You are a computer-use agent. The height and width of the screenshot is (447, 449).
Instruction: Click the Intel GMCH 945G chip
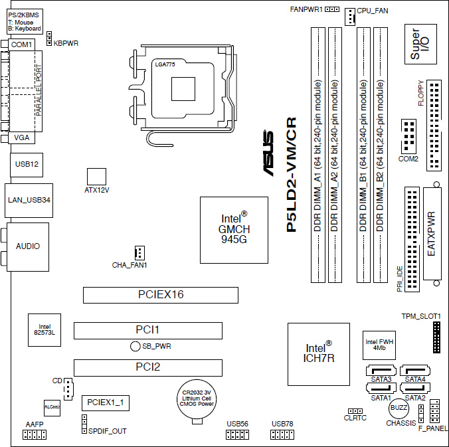tap(234, 230)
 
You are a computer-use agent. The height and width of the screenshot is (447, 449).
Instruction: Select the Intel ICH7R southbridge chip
tap(319, 354)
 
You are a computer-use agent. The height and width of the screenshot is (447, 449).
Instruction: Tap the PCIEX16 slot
tap(161, 295)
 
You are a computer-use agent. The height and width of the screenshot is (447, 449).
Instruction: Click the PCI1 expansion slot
tap(148, 331)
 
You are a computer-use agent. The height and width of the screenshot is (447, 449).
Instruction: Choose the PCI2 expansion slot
tap(148, 368)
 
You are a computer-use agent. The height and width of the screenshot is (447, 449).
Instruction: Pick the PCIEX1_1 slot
tap(106, 403)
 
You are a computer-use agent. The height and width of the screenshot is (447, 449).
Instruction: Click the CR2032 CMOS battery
tap(197, 399)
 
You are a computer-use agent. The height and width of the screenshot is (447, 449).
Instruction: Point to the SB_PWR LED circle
tap(135, 346)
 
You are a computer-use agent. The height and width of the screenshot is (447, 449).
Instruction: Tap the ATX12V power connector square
tap(96, 177)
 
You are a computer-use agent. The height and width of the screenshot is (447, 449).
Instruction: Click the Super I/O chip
tap(420, 44)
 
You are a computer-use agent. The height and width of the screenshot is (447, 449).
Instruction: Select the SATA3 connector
tap(381, 371)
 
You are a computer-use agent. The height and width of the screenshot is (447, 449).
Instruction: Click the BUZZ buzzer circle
tap(399, 408)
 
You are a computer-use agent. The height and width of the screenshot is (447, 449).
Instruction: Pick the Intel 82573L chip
tap(45, 330)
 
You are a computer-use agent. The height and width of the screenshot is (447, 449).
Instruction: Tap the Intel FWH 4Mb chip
tap(379, 345)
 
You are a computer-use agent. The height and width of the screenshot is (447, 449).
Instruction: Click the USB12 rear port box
tap(27, 165)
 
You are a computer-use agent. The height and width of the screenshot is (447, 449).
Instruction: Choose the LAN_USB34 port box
tap(29, 201)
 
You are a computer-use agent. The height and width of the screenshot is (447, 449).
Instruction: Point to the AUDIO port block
tap(28, 247)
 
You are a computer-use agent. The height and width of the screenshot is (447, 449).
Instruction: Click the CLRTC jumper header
tap(355, 411)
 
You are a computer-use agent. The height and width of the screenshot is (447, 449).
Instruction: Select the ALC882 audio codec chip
tap(52, 408)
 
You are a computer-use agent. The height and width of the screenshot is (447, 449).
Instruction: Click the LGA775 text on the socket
tap(165, 64)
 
